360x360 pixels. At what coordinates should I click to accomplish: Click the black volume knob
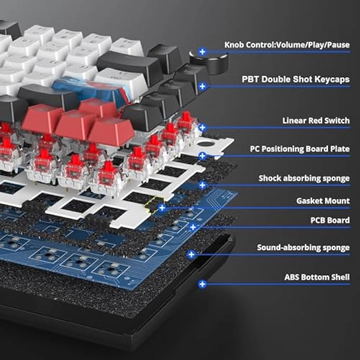coord(209,62)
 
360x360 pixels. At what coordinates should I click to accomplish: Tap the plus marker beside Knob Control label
coord(202,52)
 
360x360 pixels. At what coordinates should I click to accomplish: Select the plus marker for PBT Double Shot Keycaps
coord(202,86)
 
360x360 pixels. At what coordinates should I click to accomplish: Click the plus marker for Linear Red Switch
coord(202,128)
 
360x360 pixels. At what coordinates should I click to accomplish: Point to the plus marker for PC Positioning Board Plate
coord(202,156)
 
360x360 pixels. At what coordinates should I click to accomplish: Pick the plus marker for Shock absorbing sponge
coord(202,185)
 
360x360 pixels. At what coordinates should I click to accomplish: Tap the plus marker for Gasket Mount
coord(162,208)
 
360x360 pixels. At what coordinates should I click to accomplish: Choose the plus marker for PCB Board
coord(193,227)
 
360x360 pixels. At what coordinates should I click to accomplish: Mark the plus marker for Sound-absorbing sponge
coord(191,255)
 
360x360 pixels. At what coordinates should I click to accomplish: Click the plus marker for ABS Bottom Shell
coord(202,284)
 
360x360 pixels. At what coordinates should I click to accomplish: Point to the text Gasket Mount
coord(323,201)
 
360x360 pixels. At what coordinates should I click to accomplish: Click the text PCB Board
coord(330,220)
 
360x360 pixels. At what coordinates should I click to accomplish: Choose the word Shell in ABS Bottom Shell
coord(340,277)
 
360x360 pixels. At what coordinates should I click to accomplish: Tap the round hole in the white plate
coord(205,144)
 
